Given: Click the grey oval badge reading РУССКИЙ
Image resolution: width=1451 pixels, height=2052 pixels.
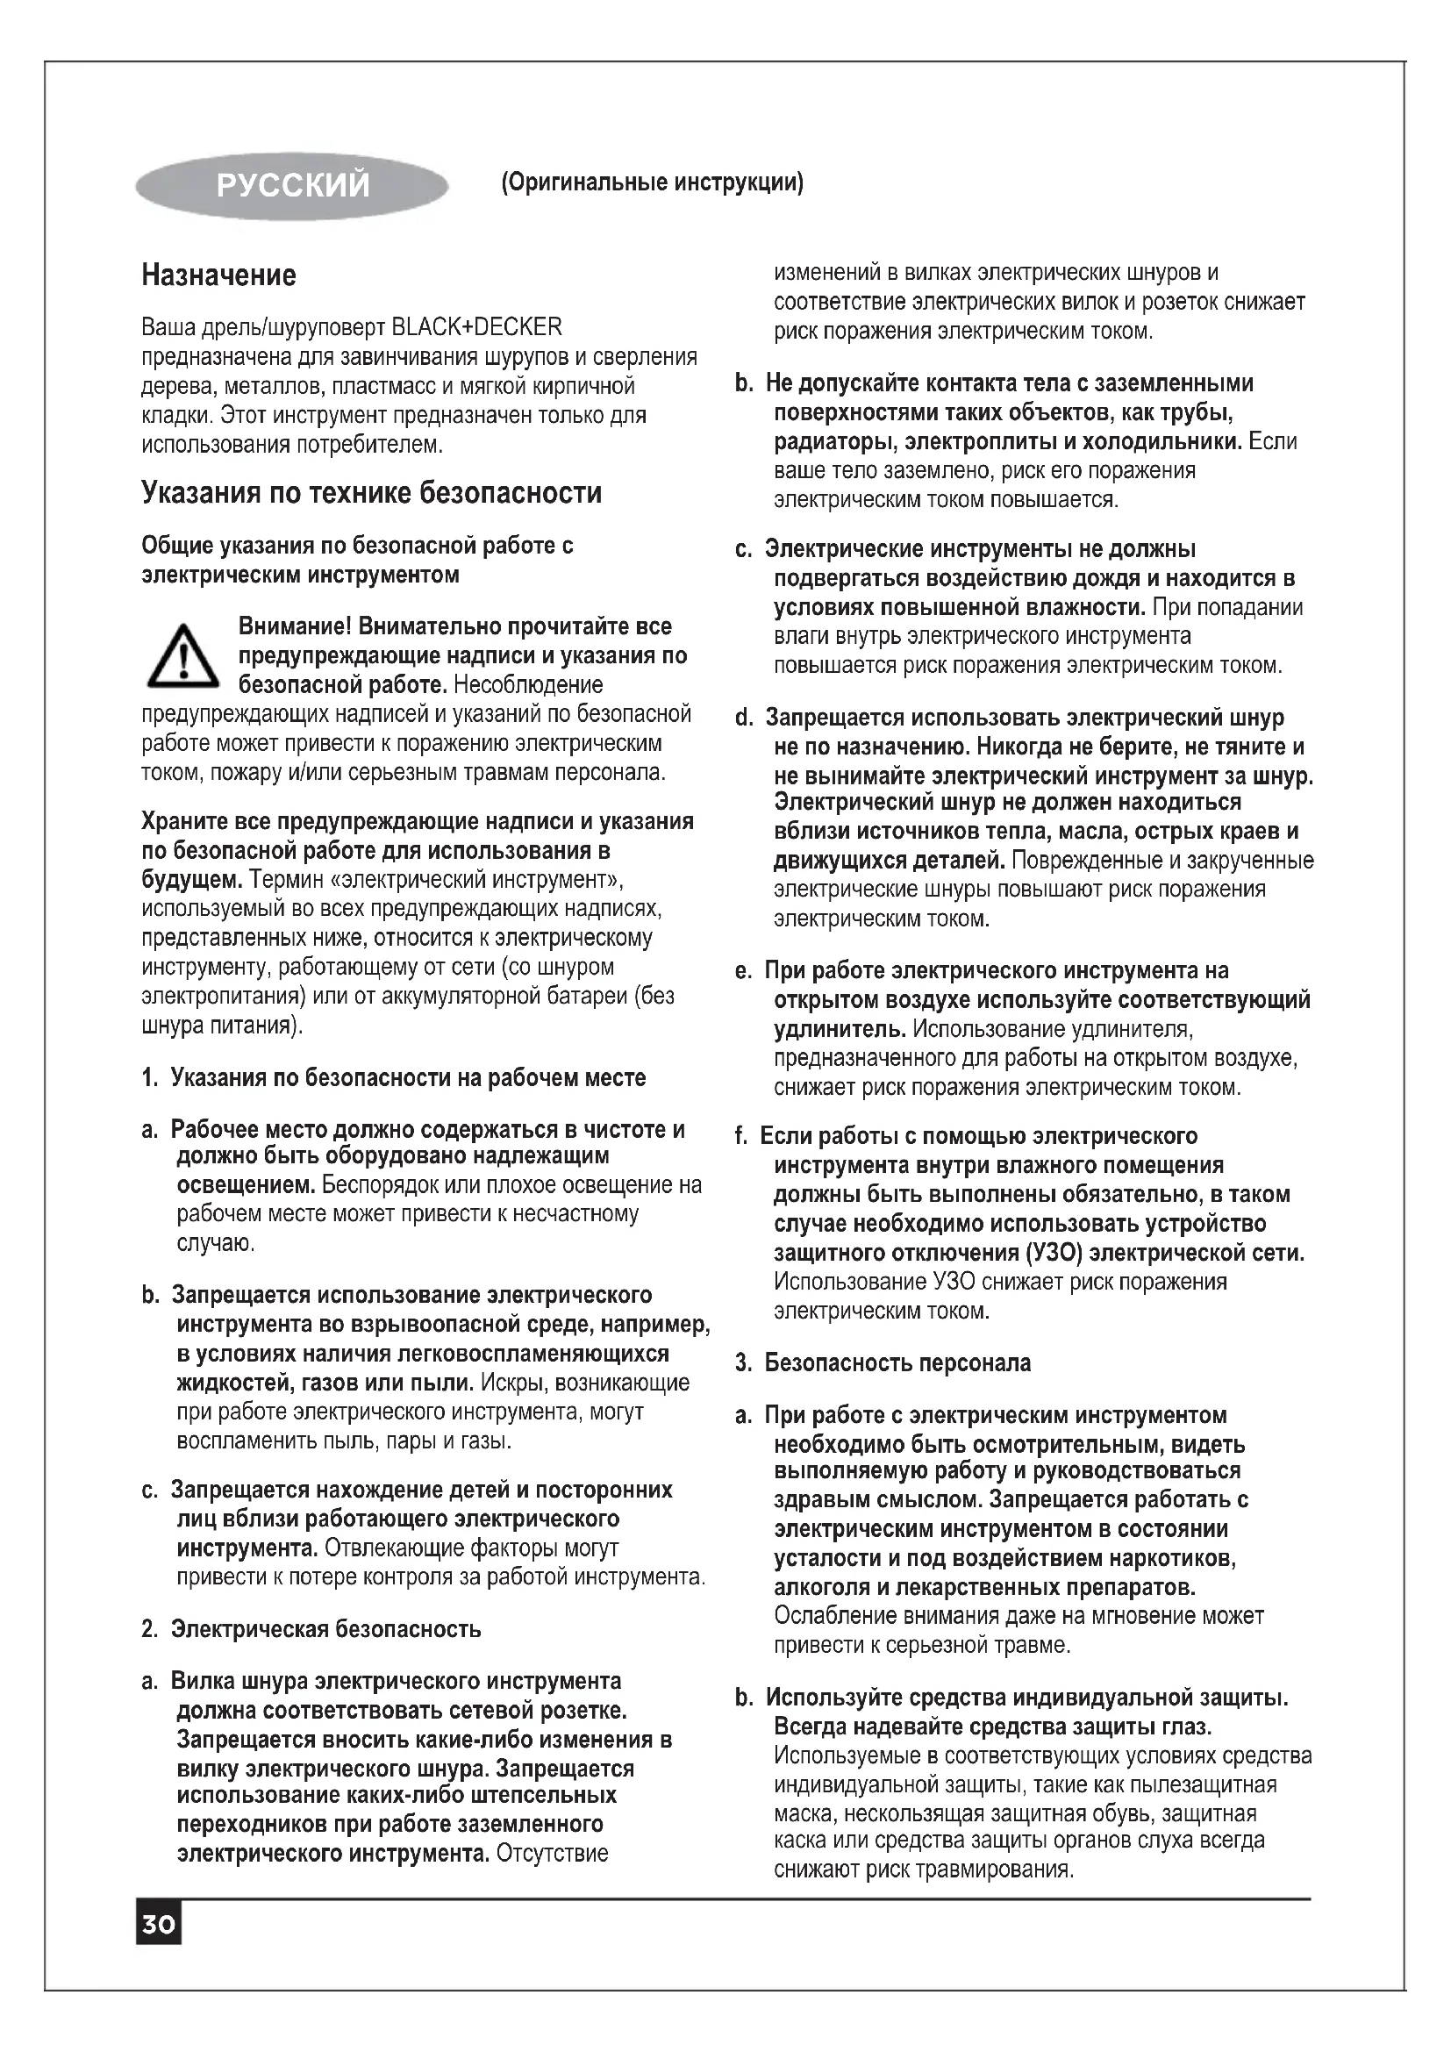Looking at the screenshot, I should click(x=291, y=186).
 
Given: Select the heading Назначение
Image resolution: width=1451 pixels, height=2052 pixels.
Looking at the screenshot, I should click(x=219, y=275).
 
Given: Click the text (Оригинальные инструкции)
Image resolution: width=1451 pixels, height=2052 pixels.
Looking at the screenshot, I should click(x=652, y=183).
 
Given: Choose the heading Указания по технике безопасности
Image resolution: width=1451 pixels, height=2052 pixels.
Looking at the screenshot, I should click(x=372, y=492).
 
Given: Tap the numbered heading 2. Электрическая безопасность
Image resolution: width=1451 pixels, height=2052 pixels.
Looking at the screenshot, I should click(x=311, y=1629).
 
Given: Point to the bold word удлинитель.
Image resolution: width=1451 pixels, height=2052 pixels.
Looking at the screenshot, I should click(x=840, y=1029).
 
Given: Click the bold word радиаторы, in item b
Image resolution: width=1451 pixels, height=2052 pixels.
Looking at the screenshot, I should click(x=836, y=441).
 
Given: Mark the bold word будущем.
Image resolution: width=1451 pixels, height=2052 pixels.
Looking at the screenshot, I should click(x=192, y=879).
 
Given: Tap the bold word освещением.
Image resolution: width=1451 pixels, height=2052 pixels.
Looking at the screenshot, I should click(x=246, y=1185).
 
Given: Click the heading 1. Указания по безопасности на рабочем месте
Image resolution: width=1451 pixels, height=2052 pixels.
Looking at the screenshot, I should click(x=393, y=1078).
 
